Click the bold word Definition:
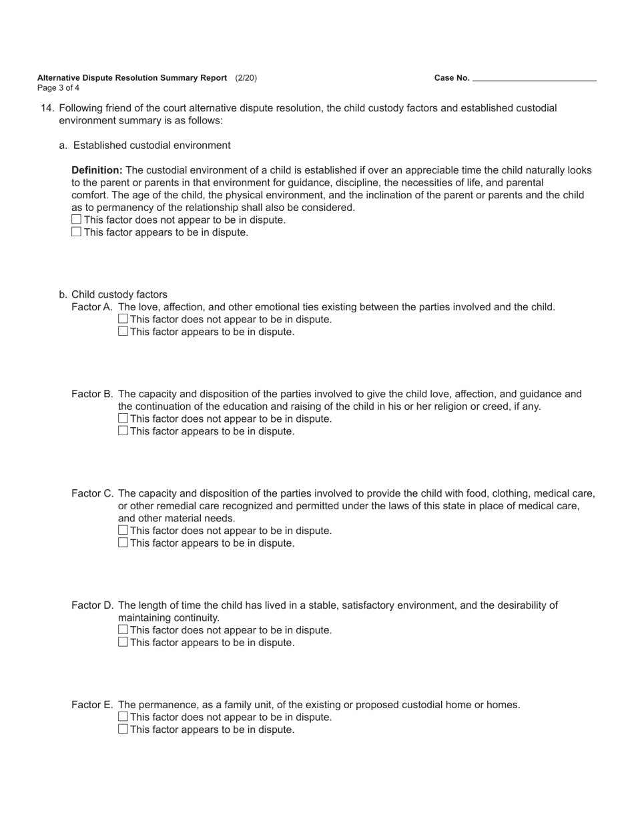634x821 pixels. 97,170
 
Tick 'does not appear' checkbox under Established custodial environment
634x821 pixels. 77,220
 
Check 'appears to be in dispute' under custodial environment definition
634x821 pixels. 77,232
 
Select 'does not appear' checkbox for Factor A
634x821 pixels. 123,319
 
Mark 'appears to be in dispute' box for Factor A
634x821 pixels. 123,332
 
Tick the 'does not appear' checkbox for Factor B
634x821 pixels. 123,419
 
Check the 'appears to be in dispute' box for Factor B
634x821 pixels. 123,431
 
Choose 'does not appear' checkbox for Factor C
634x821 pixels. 123,531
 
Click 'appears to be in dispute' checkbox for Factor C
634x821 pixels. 123,543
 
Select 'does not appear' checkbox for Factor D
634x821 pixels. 123,630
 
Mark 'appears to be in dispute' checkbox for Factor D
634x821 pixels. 123,642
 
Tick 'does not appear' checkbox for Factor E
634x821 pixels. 123,717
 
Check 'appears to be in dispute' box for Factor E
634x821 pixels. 123,730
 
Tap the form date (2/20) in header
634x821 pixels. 246,77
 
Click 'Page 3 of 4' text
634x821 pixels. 58,87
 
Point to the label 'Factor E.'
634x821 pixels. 92,705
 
